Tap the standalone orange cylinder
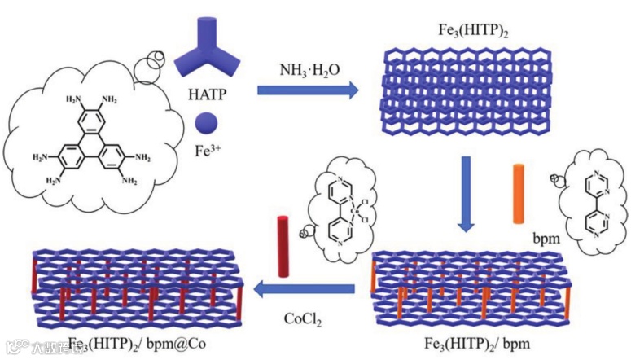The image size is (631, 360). coord(518,195)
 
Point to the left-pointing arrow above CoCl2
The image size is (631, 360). coord(304,288)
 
